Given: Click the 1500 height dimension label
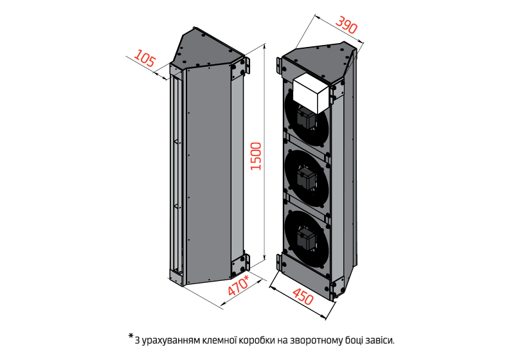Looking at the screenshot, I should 256,156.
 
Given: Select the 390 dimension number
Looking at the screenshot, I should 347,27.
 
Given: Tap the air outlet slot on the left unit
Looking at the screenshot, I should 175,174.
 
